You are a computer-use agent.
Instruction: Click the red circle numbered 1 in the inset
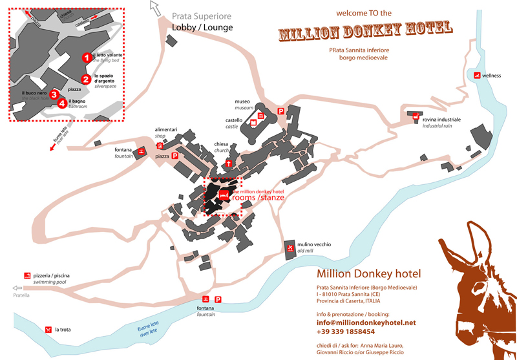coord(85,57)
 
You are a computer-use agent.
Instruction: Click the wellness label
coord(491,76)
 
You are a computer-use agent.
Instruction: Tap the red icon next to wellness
coord(477,76)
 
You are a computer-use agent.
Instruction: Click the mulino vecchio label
coord(314,244)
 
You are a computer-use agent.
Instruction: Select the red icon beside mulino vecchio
coord(291,248)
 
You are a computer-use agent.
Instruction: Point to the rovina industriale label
coord(441,120)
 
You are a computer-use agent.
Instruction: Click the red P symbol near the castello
coord(281,112)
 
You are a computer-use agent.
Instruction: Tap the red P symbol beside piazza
coord(174,156)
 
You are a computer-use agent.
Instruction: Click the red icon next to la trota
coord(47,330)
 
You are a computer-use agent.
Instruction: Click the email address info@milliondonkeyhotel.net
coord(366,322)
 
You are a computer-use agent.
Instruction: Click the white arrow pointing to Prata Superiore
coord(155,8)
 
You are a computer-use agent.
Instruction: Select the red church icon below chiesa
coord(229,164)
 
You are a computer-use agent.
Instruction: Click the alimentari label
coord(166,129)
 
